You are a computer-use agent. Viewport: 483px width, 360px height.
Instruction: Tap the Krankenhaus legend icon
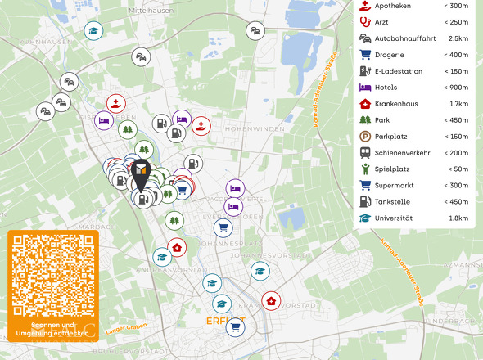(365, 104)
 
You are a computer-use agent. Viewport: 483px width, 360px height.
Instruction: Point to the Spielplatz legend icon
(365, 169)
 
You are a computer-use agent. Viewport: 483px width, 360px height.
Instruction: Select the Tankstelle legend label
(395, 202)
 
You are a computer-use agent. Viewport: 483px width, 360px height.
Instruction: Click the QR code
(52, 276)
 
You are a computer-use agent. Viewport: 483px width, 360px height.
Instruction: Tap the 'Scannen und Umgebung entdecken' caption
(52, 329)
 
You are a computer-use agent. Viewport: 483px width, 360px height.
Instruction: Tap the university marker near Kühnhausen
(94, 31)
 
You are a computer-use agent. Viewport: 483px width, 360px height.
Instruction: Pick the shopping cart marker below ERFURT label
(236, 328)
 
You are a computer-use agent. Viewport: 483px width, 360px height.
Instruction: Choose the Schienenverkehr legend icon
(365, 153)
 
